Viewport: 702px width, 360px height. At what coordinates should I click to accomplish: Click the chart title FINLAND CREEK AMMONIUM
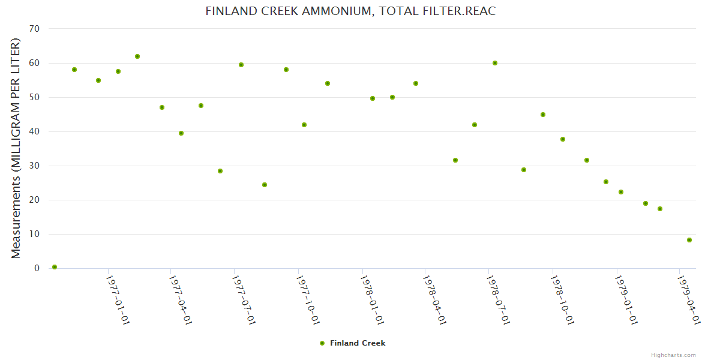350,11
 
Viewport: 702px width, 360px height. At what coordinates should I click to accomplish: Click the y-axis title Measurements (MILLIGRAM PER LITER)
16,148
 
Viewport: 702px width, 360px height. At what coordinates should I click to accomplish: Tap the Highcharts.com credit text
673,355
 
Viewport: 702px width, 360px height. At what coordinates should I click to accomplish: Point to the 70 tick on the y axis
34,29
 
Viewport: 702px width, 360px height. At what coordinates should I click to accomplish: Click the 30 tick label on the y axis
34,166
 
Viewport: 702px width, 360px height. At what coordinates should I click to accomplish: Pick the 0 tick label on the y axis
37,268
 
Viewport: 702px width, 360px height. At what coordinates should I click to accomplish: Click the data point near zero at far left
55,267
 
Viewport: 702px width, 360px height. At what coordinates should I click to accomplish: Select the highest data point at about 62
137,56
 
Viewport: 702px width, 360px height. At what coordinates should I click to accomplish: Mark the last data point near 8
689,240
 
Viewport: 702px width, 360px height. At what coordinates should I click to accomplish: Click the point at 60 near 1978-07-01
495,63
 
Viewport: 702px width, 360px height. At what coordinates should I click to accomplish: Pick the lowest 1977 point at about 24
265,185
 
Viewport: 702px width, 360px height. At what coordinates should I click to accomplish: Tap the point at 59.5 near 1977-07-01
241,65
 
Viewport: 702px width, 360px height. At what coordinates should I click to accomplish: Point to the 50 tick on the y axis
34,97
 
